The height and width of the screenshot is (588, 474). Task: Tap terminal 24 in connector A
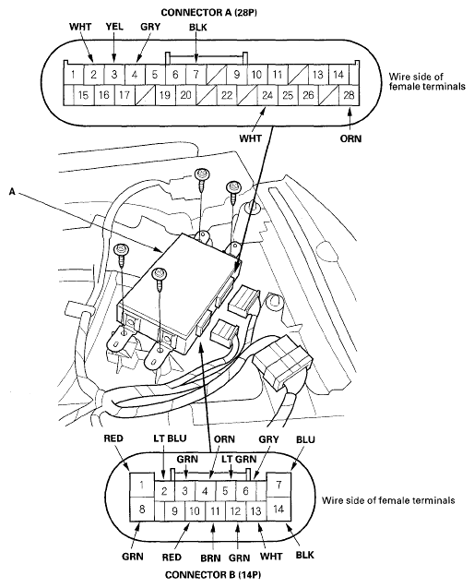click(267, 94)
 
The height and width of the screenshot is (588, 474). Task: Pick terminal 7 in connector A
click(195, 74)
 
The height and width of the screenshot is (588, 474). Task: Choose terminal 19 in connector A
click(164, 94)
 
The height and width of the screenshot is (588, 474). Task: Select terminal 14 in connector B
click(278, 507)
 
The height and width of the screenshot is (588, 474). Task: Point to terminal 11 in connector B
click(214, 510)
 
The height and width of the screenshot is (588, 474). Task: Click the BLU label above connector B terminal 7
click(305, 441)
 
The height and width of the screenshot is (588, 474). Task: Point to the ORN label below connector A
click(350, 140)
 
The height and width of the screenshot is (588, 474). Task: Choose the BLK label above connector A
click(197, 29)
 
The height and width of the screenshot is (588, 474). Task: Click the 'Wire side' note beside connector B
click(387, 501)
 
